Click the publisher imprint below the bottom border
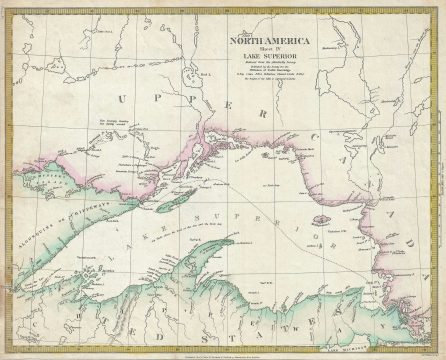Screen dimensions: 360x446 coord(222,353)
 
